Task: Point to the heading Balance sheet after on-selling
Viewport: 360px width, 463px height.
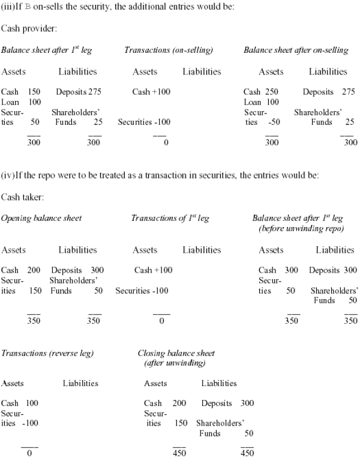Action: [296, 50]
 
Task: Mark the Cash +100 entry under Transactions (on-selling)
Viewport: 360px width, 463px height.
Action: [152, 92]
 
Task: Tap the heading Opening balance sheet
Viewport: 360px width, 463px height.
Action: [41, 218]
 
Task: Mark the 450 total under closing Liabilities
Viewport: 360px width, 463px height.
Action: [247, 453]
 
